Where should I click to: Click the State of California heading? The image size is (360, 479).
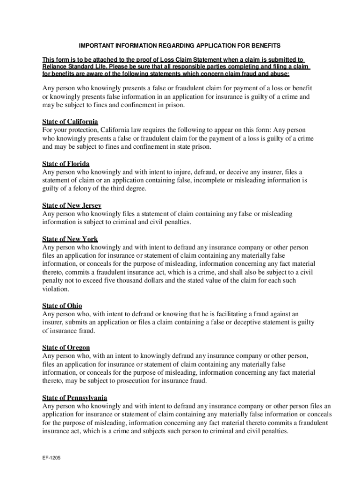coord(70,122)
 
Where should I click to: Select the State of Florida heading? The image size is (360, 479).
coord(66,164)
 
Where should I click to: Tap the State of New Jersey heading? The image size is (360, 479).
coord(72,206)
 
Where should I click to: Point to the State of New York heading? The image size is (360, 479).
coord(70,239)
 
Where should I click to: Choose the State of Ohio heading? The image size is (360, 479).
coord(63,306)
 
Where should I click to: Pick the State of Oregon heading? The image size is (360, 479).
coord(66,348)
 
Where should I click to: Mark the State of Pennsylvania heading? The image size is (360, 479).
coord(75,398)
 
